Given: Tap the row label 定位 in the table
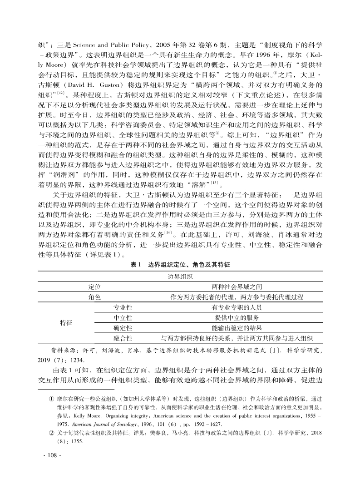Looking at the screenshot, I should [x=94, y=287].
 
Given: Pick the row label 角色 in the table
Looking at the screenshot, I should [x=94, y=297].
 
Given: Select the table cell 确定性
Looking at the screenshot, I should [x=123, y=328].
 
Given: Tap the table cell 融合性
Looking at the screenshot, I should [x=123, y=338].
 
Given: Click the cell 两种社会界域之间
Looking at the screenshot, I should [x=237, y=287].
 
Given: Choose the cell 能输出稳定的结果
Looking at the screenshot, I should [x=237, y=328].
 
